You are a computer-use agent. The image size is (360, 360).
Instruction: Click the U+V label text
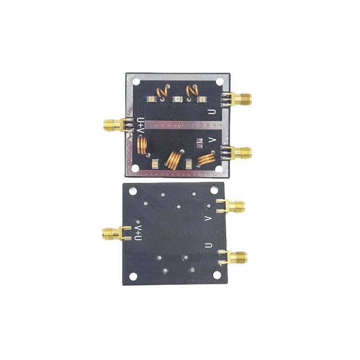(x=140, y=126)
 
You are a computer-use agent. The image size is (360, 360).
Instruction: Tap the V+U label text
(x=138, y=232)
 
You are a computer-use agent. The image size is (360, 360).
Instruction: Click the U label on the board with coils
(x=211, y=112)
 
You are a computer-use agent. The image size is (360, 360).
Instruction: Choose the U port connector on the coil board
(x=237, y=99)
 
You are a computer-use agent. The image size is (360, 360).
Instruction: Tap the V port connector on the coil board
(x=237, y=153)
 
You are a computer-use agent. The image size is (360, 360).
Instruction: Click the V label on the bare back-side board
(x=208, y=219)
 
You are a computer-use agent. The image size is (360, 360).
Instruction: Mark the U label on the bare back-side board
(x=208, y=245)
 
